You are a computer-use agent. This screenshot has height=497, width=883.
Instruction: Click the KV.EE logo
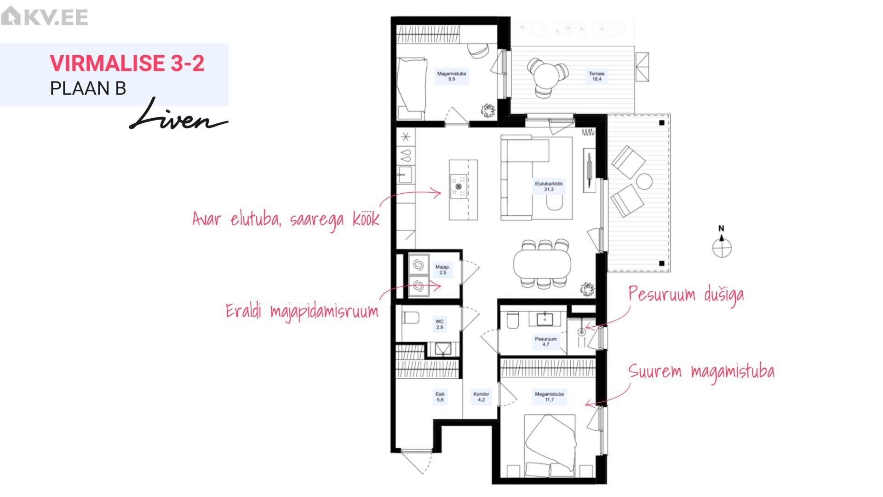[45, 17]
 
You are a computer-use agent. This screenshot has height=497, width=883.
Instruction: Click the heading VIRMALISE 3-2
[127, 63]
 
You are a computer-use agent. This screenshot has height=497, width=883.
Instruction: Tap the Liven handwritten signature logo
[178, 115]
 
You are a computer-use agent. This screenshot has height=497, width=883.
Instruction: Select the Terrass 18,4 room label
[596, 76]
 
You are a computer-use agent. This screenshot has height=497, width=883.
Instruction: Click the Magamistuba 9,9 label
[452, 76]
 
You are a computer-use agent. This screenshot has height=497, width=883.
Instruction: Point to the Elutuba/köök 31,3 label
[549, 186]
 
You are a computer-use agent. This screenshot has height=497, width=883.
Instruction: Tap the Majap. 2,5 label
[442, 270]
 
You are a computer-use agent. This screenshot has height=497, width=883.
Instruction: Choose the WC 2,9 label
[440, 324]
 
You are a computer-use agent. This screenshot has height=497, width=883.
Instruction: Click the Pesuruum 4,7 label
[545, 341]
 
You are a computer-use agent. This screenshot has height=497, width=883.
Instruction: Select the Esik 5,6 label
[440, 397]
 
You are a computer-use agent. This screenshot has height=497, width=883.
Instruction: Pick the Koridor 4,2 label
[481, 397]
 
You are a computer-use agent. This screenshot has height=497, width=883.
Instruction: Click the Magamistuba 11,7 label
[549, 397]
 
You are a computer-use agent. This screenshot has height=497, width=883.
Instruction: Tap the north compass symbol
[722, 243]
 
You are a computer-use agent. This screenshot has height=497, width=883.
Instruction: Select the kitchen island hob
[459, 186]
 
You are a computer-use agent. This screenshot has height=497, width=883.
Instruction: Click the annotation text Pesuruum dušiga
[686, 295]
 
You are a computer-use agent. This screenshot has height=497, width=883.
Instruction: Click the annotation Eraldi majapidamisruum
[302, 312]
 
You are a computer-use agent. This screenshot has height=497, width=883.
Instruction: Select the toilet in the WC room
[411, 318]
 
